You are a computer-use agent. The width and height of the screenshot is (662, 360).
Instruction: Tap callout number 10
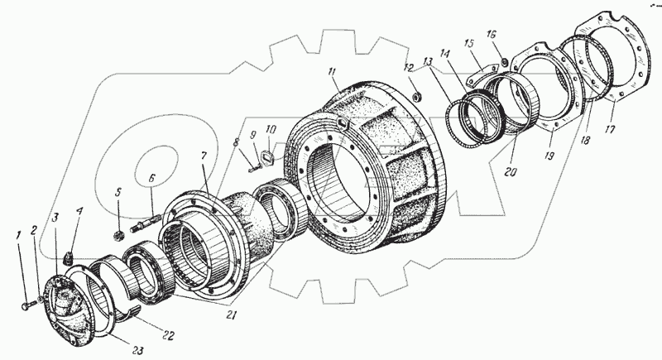click(x=271, y=131)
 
